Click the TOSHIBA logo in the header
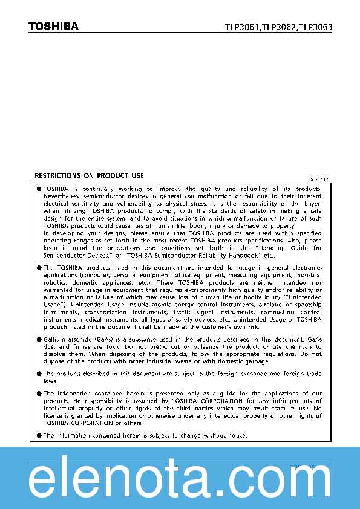tap(53, 26)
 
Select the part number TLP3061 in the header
tap(242, 27)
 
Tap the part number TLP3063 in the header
tap(316, 27)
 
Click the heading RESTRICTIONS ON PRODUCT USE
tap(89, 176)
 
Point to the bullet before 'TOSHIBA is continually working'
tap(39, 189)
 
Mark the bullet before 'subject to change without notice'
tap(39, 435)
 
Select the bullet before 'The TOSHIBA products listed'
tap(39, 267)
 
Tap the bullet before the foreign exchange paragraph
tap(39, 374)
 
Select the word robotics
tap(56, 283)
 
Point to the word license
tap(54, 416)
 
